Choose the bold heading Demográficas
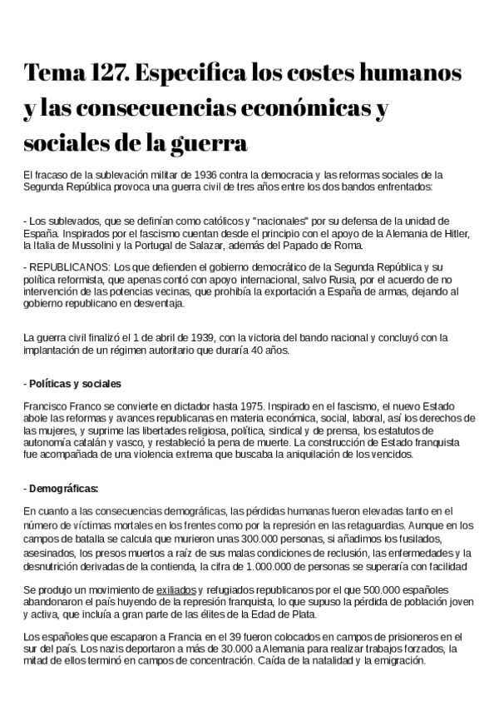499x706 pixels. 63,488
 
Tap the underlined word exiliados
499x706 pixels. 178,589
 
